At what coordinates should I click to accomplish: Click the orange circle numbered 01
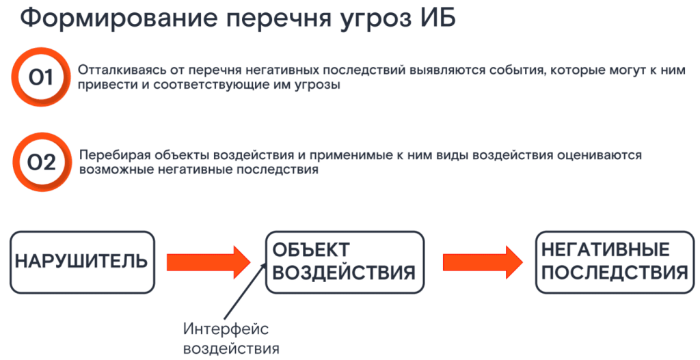[40, 78]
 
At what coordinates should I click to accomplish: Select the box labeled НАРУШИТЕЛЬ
[82, 262]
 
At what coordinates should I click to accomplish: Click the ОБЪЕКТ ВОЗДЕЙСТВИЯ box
[344, 262]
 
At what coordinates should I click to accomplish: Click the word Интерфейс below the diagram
[226, 329]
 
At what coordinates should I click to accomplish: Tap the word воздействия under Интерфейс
[232, 348]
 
